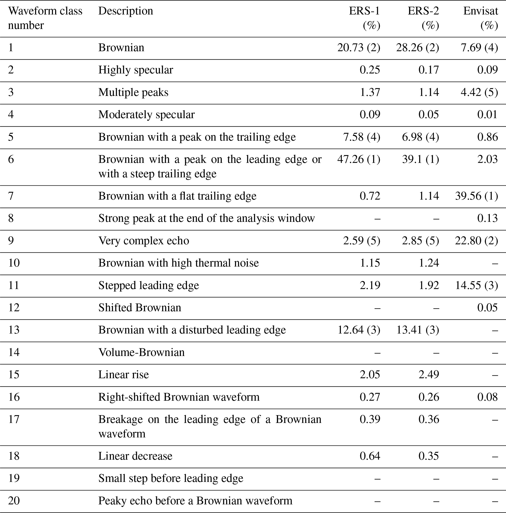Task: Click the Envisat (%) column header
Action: point(481,18)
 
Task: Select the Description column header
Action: point(126,11)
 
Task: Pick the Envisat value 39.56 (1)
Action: point(476,196)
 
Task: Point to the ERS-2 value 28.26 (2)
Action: point(417,48)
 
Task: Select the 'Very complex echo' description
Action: point(143,241)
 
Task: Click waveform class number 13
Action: point(14,330)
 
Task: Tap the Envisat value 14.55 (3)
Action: point(476,285)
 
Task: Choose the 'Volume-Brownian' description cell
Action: point(141,352)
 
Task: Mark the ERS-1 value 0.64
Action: point(370,456)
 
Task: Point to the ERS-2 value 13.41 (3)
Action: point(417,330)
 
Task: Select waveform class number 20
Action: point(14,501)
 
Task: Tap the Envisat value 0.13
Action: point(487,218)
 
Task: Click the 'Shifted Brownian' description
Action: point(140,308)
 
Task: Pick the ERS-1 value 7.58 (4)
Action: point(361,137)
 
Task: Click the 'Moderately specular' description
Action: point(146,115)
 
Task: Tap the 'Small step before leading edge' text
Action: point(171,478)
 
